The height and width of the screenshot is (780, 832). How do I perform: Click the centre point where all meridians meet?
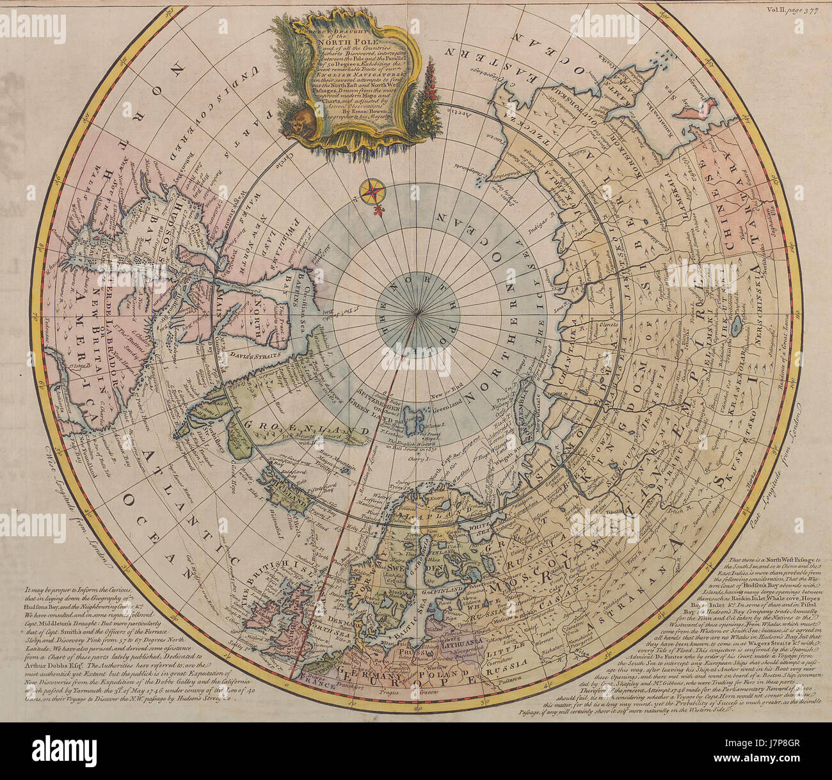(x=417, y=313)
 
